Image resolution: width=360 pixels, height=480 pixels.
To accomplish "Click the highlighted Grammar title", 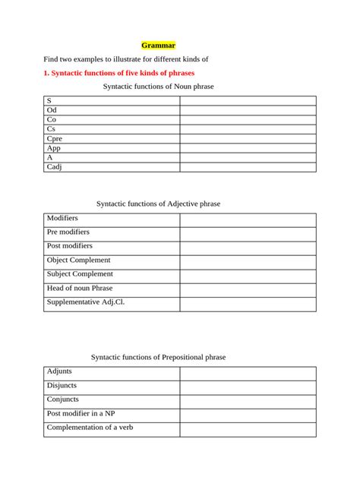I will (x=159, y=46).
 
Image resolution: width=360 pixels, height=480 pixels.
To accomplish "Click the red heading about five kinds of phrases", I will (x=119, y=73).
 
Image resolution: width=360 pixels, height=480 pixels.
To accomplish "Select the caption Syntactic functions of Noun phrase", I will (x=158, y=87).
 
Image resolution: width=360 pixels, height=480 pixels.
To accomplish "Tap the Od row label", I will (x=52, y=110).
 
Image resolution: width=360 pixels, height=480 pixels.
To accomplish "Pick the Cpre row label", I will (x=54, y=139).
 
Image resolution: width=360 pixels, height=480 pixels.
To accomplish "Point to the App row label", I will (x=53, y=148).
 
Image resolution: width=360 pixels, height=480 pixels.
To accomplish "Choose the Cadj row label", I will (x=54, y=167).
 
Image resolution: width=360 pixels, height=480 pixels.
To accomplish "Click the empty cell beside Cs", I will (x=248, y=129).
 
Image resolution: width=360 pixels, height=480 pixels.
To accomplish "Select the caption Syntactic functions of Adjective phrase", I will (x=158, y=204).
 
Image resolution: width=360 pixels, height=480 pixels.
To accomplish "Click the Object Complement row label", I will (x=79, y=260).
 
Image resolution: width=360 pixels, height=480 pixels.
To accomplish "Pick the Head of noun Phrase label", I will (x=80, y=288).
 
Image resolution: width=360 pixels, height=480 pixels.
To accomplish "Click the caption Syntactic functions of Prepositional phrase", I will (x=158, y=357).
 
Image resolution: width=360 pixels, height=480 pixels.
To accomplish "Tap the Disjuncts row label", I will (x=63, y=385).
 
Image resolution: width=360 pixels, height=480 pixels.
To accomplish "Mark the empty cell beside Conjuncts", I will (x=248, y=401).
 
